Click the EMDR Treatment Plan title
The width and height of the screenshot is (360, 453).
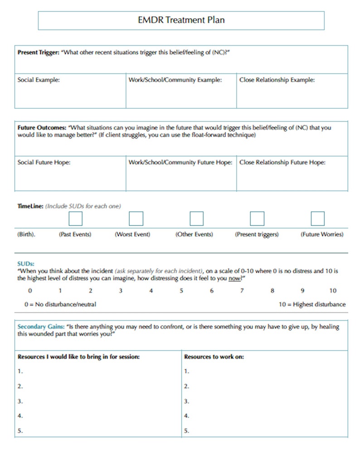[x=181, y=20]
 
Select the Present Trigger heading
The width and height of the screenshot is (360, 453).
[x=38, y=53]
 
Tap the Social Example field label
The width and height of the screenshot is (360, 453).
[x=39, y=80]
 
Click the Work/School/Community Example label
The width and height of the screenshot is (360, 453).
[x=175, y=80]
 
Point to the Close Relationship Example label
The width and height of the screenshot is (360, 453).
[x=277, y=80]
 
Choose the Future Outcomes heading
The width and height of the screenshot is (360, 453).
[x=42, y=128]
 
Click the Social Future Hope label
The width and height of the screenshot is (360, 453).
[x=44, y=162]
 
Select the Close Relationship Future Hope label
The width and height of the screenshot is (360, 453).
[x=282, y=162]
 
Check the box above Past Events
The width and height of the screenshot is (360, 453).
[x=75, y=219]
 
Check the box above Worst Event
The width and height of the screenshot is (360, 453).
[x=136, y=219]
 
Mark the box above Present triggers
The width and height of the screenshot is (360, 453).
[x=257, y=219]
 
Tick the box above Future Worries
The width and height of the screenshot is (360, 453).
[x=317, y=219]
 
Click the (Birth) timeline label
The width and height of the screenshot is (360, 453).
[x=26, y=234]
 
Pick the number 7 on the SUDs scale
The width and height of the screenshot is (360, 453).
[x=242, y=291]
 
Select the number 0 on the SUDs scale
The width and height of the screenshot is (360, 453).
[x=30, y=291]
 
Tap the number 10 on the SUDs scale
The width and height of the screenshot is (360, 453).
[x=333, y=291]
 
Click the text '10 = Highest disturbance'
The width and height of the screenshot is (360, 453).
[x=312, y=304]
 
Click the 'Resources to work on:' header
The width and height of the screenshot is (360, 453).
[x=214, y=357]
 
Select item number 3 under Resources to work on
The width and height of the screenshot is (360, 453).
[x=187, y=401]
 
